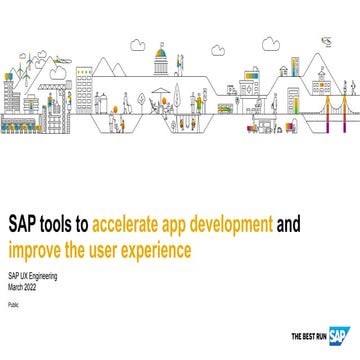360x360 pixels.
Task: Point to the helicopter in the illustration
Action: pos(325,42)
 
